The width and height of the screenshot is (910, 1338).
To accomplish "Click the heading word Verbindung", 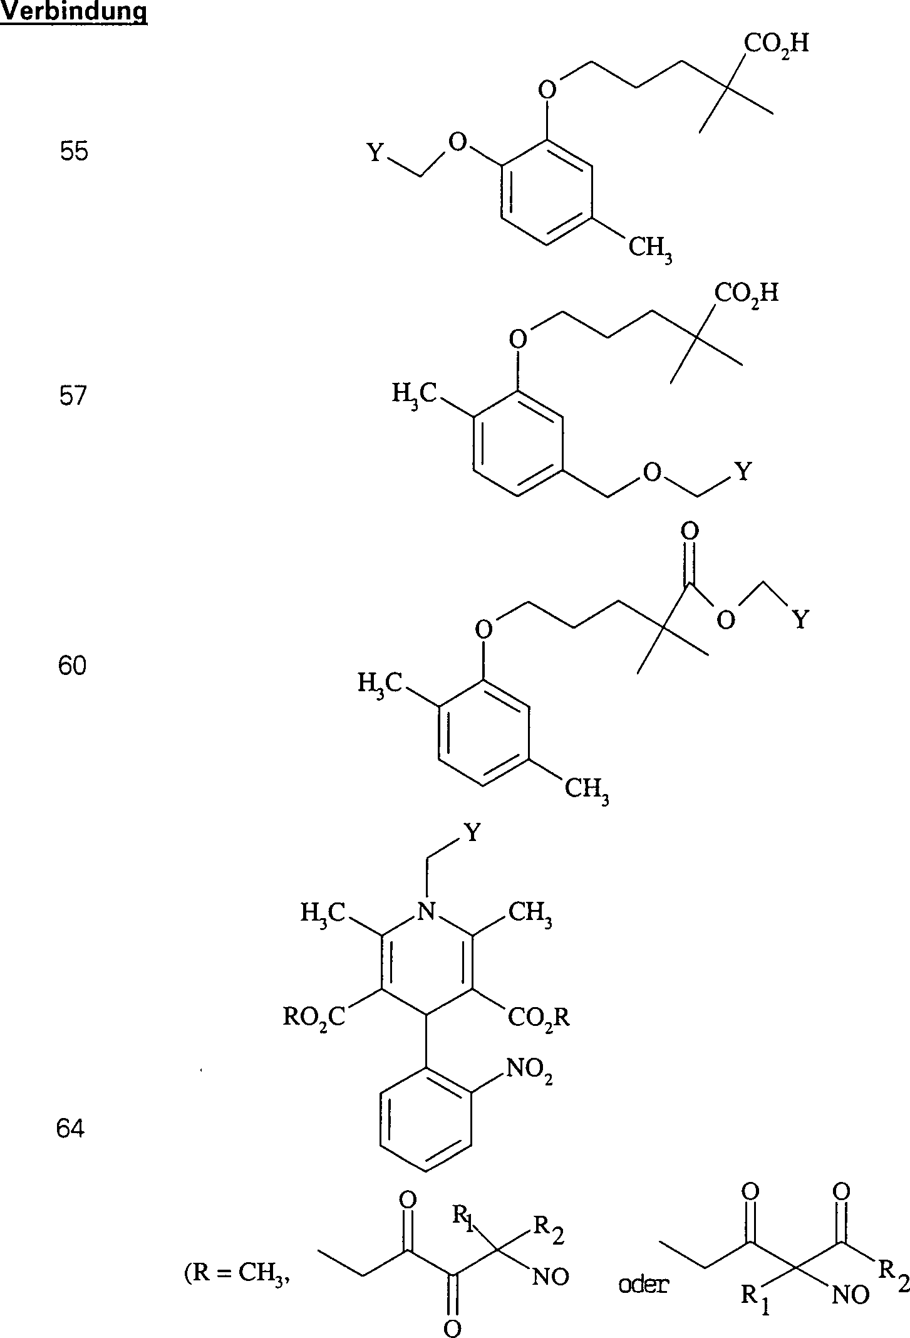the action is [x=74, y=12].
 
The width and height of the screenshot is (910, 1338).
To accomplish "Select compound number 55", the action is [x=74, y=152].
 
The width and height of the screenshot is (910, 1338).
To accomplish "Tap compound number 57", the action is [x=72, y=396].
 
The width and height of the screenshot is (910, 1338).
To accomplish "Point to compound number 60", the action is [x=71, y=666].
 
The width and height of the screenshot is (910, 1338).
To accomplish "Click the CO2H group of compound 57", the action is [x=747, y=293].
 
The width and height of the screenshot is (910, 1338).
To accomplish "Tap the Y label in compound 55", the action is [x=375, y=152].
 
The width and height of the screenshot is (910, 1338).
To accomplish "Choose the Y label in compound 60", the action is [x=800, y=620].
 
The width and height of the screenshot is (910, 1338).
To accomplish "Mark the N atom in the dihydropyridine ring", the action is [x=426, y=911].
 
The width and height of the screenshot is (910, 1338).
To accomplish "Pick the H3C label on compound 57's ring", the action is [x=415, y=394].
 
